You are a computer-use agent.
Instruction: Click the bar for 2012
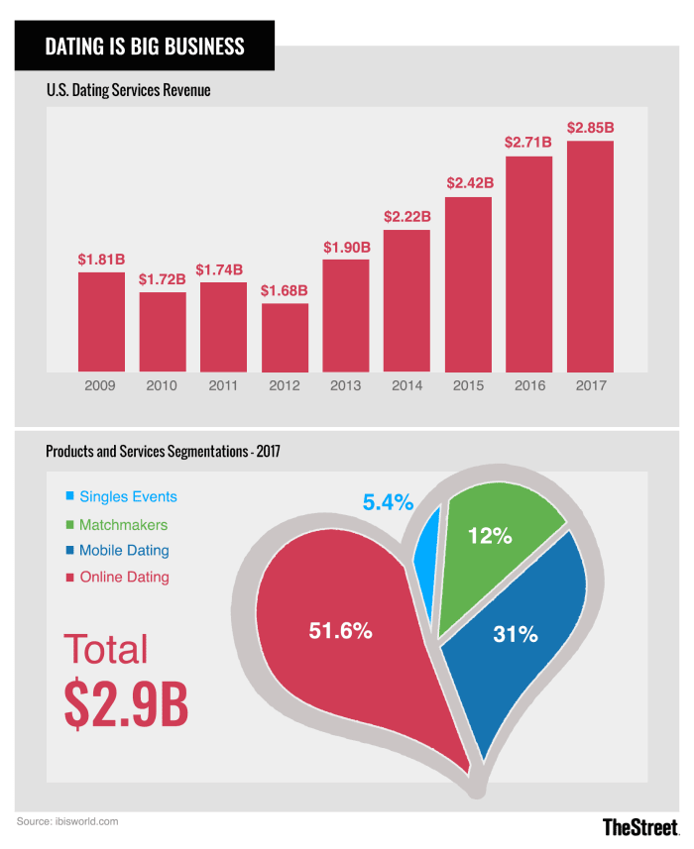[x=285, y=338]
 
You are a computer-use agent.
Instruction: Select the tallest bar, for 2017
[x=590, y=257]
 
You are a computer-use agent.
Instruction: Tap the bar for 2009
[x=101, y=322]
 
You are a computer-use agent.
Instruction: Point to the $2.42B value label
[x=468, y=183]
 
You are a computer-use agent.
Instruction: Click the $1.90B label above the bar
[x=346, y=246]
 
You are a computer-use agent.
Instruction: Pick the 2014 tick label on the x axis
[x=406, y=385]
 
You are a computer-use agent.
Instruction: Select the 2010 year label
[x=163, y=385]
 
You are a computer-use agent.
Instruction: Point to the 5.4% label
[x=387, y=503]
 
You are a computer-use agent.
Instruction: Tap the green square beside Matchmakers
[x=68, y=525]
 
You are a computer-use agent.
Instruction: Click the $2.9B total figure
[x=126, y=704]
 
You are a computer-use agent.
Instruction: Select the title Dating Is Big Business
[x=145, y=46]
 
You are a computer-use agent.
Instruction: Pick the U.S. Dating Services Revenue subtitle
[x=129, y=91]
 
